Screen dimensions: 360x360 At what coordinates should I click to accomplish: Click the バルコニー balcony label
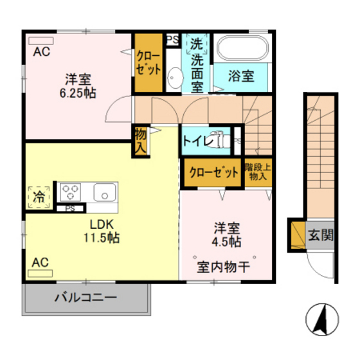coord(85,298)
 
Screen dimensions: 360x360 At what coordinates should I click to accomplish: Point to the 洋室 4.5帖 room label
coord(228,235)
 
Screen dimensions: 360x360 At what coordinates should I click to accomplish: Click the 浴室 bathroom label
coord(242,76)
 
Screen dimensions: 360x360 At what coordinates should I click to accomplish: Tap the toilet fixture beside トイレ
coord(221,139)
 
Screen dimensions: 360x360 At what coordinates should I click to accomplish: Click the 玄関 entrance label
coord(319,235)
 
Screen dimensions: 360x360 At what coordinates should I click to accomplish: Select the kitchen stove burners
coord(70,192)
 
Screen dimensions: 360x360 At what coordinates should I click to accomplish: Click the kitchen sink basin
coord(104,192)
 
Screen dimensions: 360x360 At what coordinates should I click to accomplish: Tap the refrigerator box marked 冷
coord(39,197)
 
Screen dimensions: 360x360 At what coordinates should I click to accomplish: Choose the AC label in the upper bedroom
coord(41,51)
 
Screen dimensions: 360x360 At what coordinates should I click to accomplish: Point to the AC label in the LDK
coord(40,262)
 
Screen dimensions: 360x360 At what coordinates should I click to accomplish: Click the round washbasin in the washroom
coord(174,80)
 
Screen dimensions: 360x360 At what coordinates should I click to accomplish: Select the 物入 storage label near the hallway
coord(140,141)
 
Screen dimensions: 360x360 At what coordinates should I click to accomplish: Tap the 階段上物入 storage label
coord(258,172)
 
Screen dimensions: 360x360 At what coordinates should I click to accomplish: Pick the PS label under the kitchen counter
coord(70,208)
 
